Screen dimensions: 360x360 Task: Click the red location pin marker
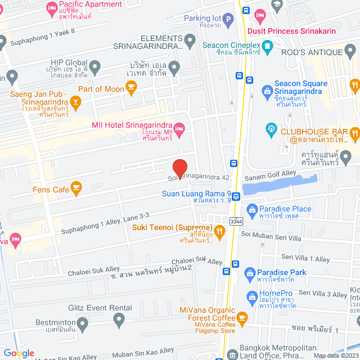179,168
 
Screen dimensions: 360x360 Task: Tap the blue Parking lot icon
228,22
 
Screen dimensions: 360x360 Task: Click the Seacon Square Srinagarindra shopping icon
267,90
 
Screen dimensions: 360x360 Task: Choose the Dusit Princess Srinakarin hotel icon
259,15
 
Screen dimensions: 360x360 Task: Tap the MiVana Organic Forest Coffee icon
242,318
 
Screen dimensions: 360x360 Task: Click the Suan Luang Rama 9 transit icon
236,196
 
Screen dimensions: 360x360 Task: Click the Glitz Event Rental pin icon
119,321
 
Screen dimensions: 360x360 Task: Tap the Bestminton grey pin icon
82,323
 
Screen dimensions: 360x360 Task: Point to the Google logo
19,353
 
